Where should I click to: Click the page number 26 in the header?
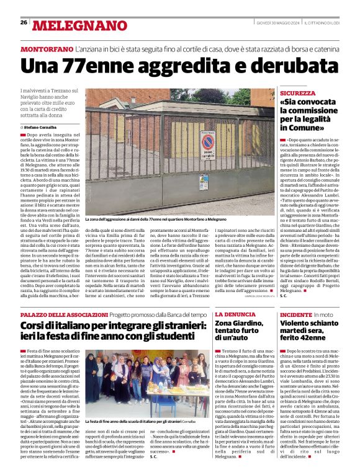[24, 22]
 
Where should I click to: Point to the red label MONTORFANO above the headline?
[45, 48]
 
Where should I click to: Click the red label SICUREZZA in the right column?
[297, 92]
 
